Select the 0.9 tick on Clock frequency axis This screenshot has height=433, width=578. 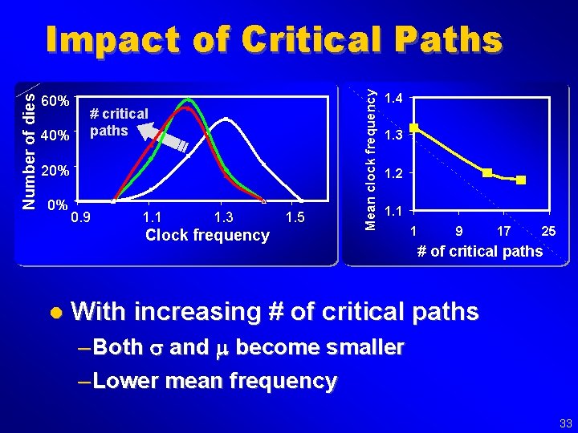coord(81,216)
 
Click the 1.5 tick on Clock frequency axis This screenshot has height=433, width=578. coord(296,216)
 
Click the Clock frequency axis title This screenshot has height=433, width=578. coord(207,235)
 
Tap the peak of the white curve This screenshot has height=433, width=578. coord(227,119)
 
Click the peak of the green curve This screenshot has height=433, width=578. coord(189,99)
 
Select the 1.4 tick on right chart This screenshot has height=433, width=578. coord(393,99)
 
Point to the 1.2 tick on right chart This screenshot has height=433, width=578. coord(393,173)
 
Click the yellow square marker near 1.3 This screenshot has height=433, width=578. coord(414,127)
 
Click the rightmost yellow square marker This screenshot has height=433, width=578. coord(521,180)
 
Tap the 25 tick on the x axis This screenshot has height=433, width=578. coord(549,232)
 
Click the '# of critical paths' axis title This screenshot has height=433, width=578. coord(479,252)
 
